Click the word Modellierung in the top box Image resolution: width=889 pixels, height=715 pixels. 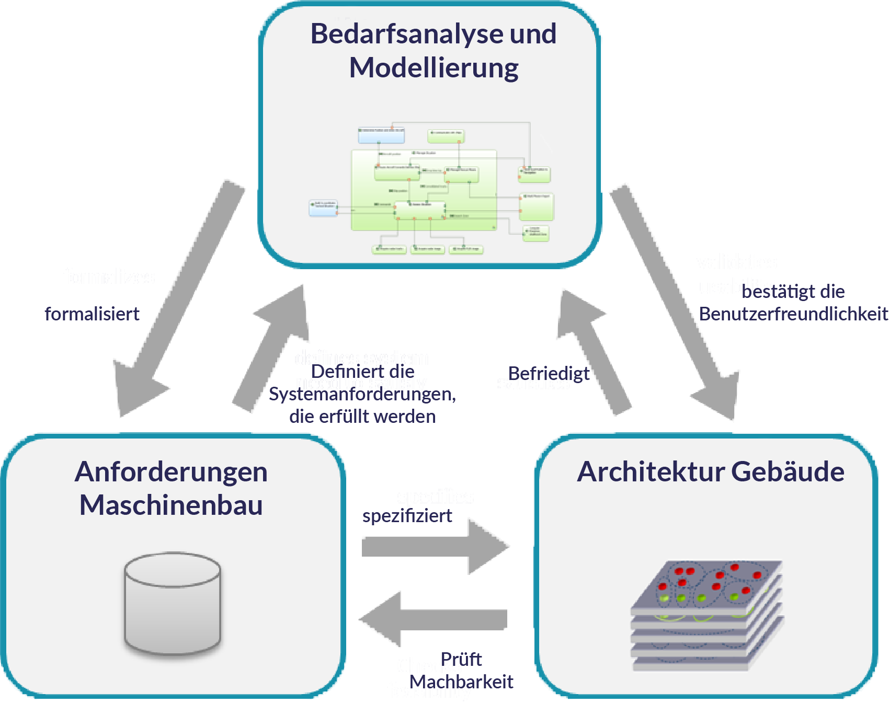pyautogui.click(x=434, y=68)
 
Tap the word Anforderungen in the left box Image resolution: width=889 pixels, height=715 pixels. pyautogui.click(x=171, y=472)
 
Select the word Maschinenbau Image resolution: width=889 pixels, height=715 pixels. pyautogui.click(x=171, y=505)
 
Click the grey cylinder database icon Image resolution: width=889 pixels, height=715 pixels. pyautogui.click(x=172, y=604)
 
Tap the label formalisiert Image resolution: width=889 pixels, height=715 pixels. pyautogui.click(x=92, y=314)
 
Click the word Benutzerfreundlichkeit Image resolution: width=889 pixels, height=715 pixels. pyautogui.click(x=793, y=314)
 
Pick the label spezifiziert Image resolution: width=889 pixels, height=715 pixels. pyautogui.click(x=407, y=516)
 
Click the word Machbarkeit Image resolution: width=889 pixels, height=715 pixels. pyautogui.click(x=461, y=682)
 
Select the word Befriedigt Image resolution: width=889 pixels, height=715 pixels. pyautogui.click(x=549, y=373)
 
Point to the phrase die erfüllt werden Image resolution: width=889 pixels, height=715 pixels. pyautogui.click(x=362, y=417)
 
